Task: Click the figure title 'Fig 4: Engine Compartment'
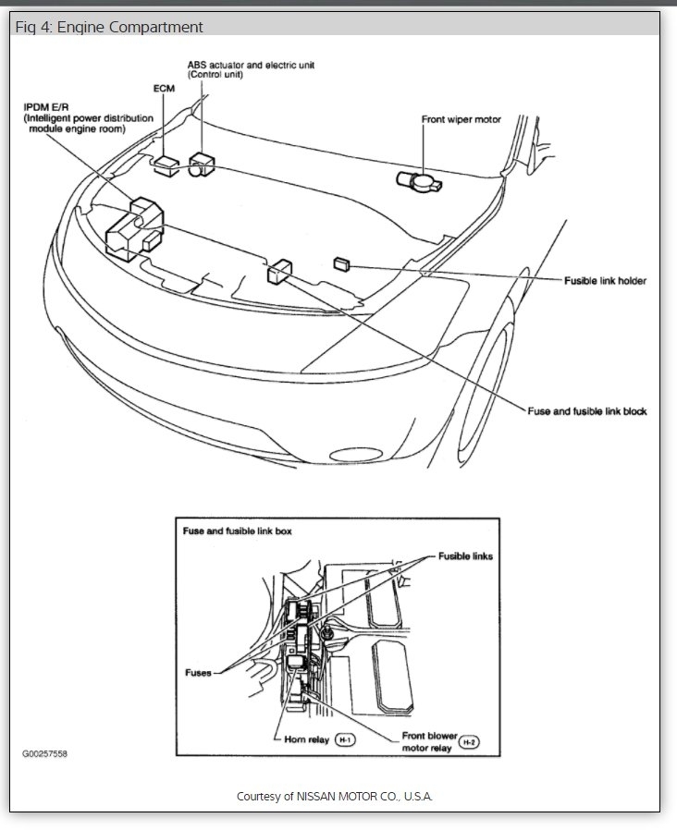[109, 27]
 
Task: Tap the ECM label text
[164, 90]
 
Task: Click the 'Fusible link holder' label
[605, 280]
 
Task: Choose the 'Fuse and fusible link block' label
[586, 411]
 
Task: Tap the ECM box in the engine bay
[166, 165]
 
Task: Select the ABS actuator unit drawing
[200, 165]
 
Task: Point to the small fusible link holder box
[341, 263]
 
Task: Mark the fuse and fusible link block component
[278, 270]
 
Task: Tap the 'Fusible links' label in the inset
[464, 556]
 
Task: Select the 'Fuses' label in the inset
[197, 673]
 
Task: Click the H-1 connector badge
[343, 739]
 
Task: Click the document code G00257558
[44, 754]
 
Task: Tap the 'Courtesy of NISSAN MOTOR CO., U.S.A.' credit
[334, 796]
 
